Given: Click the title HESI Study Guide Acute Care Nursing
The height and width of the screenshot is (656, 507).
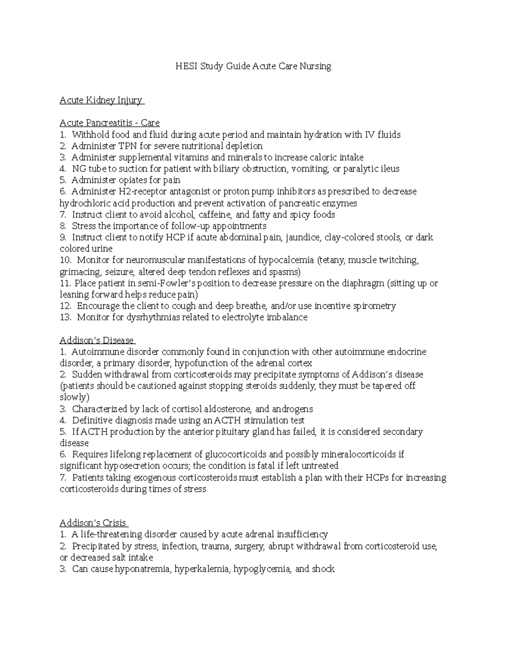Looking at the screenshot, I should tap(253, 66).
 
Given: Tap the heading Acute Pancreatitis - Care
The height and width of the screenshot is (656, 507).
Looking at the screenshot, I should tap(109, 123).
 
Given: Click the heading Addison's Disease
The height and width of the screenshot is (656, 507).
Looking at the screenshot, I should tap(96, 340).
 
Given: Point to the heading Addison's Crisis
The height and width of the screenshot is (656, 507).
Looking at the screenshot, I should tap(93, 523).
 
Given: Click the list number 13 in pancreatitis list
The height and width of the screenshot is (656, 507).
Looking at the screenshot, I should tap(65, 317).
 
